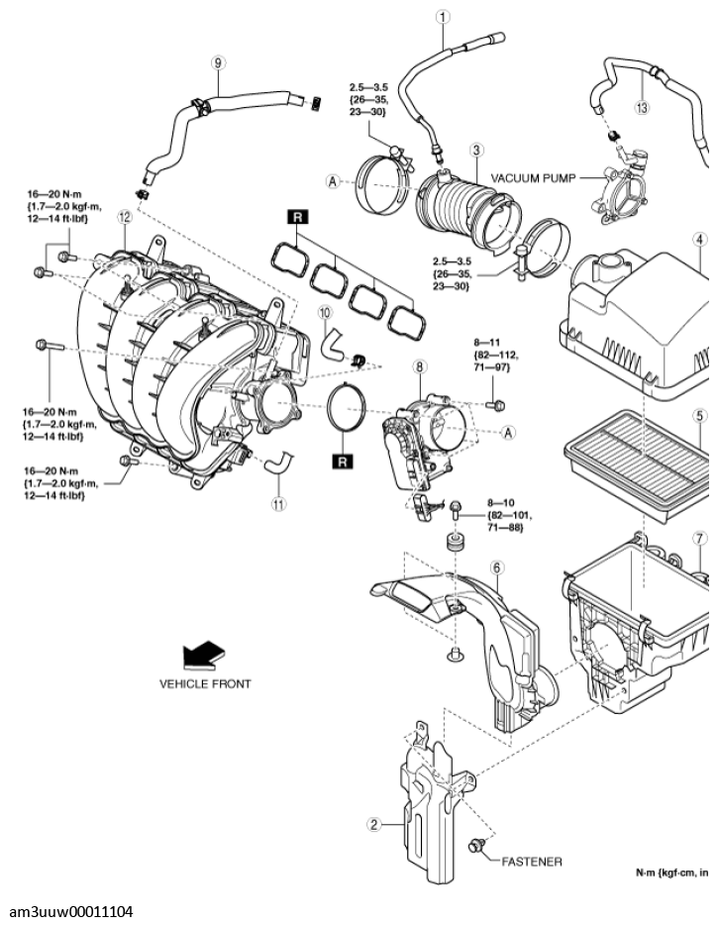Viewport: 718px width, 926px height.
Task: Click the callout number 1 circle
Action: click(443, 16)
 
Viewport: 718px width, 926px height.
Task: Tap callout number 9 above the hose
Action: click(217, 60)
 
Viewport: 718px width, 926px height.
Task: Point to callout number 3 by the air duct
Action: click(476, 150)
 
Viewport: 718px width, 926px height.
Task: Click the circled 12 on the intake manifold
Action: click(124, 216)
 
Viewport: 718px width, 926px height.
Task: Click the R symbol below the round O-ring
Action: click(343, 462)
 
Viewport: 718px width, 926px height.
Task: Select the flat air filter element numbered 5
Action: click(634, 461)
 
